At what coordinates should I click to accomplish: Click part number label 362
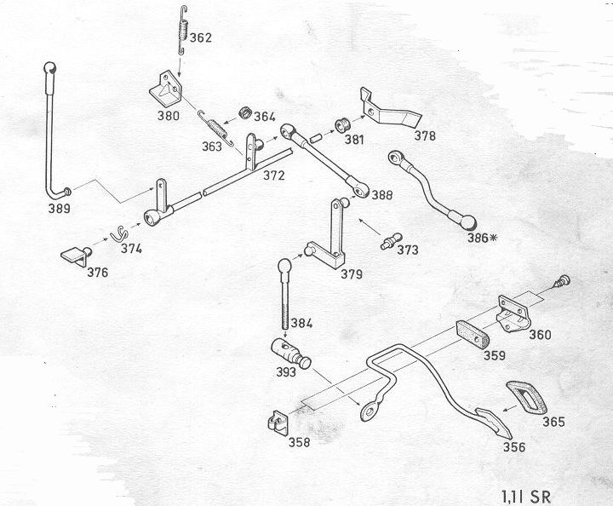click(201, 37)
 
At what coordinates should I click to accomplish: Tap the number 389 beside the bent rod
click(59, 207)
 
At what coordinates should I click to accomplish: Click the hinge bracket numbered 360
click(514, 314)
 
